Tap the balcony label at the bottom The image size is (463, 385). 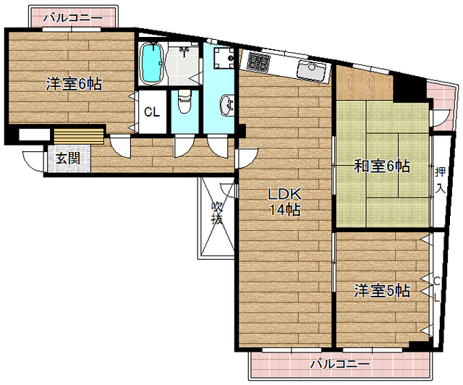pyautogui.click(x=340, y=363)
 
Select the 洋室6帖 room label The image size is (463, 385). pyautogui.click(x=74, y=83)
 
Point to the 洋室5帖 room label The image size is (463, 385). pyautogui.click(x=382, y=291)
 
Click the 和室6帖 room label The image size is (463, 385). pyautogui.click(x=381, y=166)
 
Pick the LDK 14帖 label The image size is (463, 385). pyautogui.click(x=284, y=203)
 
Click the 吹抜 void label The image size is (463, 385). pyautogui.click(x=216, y=213)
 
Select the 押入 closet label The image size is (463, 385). pyautogui.click(x=440, y=180)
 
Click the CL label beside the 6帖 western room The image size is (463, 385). pyautogui.click(x=151, y=112)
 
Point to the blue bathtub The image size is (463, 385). pyautogui.click(x=151, y=64)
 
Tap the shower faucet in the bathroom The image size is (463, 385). pyautogui.click(x=185, y=51)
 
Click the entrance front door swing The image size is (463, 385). pyautogui.click(x=33, y=161)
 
